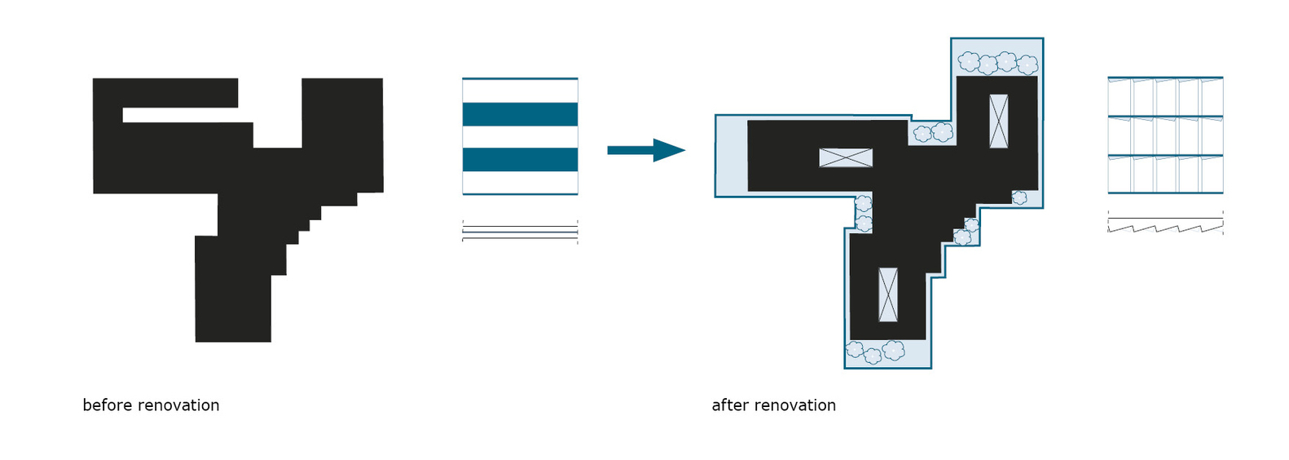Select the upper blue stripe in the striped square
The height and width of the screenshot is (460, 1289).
click(520, 114)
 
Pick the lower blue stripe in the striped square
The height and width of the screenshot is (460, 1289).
click(520, 160)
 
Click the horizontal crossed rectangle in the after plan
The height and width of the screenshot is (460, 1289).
click(846, 157)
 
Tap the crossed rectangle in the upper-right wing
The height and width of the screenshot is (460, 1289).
click(999, 121)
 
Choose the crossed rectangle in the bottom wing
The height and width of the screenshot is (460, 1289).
click(888, 294)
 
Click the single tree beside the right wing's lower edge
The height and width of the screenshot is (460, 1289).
click(1019, 198)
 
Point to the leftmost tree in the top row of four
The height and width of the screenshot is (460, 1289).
click(969, 61)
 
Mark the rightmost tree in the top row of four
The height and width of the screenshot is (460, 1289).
click(1027, 65)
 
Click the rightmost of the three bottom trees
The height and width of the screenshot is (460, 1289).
click(893, 350)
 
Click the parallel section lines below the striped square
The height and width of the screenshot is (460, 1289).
click(520, 232)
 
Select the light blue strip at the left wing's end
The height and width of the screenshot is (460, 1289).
click(732, 156)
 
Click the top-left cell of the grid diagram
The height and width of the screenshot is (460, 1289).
click(1120, 97)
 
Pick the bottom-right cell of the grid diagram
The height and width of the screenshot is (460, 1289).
click(1212, 174)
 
